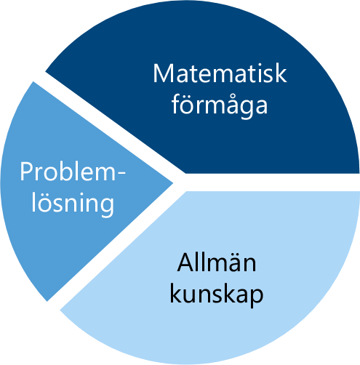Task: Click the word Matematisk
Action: pyautogui.click(x=220, y=73)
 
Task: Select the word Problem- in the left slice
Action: pyautogui.click(x=73, y=172)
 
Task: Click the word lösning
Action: pyautogui.click(x=73, y=204)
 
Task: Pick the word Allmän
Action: pyautogui.click(x=217, y=262)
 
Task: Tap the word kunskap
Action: pyautogui.click(x=217, y=294)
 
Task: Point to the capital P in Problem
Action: pyautogui.click(x=26, y=172)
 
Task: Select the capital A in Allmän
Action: pyautogui.click(x=185, y=262)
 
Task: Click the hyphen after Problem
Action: pyautogui.click(x=121, y=173)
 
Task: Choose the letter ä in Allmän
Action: pyautogui.click(x=233, y=263)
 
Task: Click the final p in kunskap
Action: pyautogui.click(x=257, y=297)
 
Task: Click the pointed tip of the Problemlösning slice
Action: pyautogui.click(x=172, y=183)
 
